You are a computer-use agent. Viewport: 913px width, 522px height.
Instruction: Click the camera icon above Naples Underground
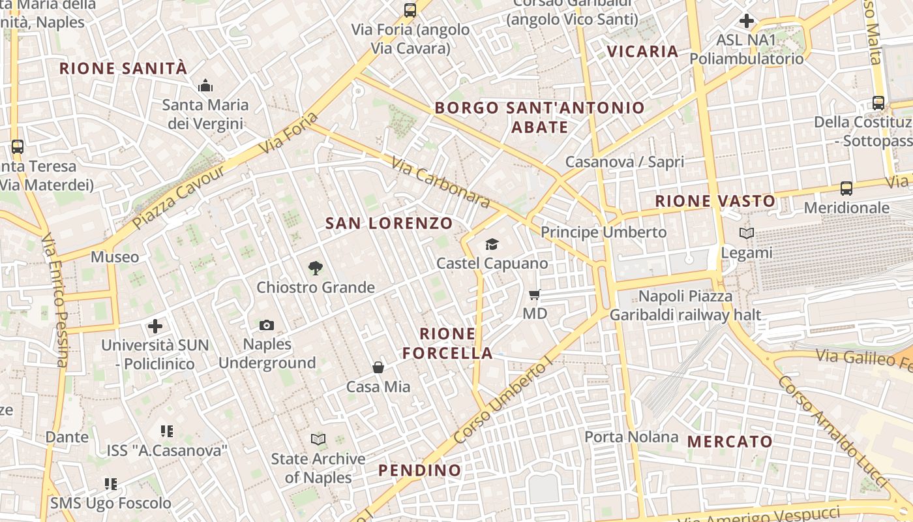coord(267,325)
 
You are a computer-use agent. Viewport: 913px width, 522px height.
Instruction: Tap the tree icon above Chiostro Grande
coord(316,268)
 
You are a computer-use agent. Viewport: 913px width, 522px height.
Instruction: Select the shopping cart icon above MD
coord(535,295)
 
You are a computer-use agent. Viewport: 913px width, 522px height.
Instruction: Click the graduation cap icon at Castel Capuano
coord(492,244)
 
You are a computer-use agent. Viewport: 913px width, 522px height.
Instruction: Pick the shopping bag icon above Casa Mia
coord(378,367)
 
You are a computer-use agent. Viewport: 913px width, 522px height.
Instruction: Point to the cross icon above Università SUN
coord(155,326)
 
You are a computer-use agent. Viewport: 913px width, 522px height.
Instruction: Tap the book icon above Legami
coord(747,233)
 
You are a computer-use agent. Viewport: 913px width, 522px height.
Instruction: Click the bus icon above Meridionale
coord(846,189)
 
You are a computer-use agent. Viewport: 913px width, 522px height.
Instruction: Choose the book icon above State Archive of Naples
coord(318,439)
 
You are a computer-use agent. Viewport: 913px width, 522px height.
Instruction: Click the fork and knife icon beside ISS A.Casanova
coord(167,431)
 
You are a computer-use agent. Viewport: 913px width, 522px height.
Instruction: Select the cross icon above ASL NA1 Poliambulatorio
coord(747,21)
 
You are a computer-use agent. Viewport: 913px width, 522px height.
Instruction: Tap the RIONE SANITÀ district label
coord(123,69)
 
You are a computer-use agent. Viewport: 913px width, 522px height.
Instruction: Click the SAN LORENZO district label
coord(389,223)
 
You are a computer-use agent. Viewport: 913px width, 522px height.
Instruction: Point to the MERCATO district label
coord(730,442)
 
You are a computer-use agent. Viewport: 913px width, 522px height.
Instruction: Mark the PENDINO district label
coord(419,470)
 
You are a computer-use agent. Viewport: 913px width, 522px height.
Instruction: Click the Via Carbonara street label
coord(440,181)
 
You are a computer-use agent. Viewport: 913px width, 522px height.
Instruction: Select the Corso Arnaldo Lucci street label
coord(834,430)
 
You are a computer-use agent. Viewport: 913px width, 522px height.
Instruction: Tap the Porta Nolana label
coord(631,437)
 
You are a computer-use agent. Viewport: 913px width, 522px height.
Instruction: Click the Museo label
coord(115,257)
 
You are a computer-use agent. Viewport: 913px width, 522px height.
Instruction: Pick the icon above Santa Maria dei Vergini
coord(205,86)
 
